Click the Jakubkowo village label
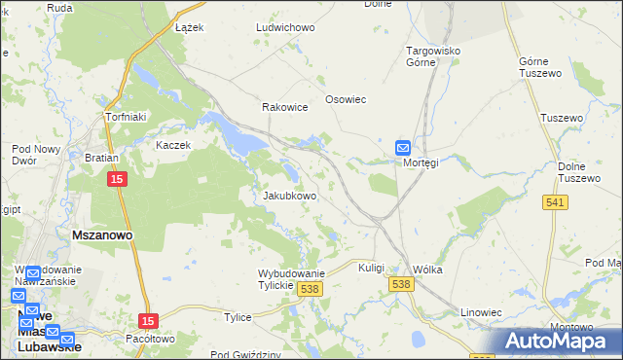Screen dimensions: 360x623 (x=290, y=196)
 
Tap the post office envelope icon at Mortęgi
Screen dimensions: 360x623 (x=403, y=147)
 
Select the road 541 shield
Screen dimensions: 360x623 (x=556, y=201)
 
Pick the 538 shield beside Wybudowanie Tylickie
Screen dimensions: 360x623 (x=311, y=289)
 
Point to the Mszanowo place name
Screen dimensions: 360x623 (x=102, y=235)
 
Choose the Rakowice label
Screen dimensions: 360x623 (x=285, y=108)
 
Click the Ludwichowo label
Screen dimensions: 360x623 (x=285, y=28)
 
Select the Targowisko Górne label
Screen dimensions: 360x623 (x=433, y=55)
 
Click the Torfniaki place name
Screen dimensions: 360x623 (x=126, y=117)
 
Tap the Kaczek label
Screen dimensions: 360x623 (x=174, y=145)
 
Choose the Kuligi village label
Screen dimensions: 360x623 (x=372, y=267)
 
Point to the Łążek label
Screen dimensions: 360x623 (x=189, y=28)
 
